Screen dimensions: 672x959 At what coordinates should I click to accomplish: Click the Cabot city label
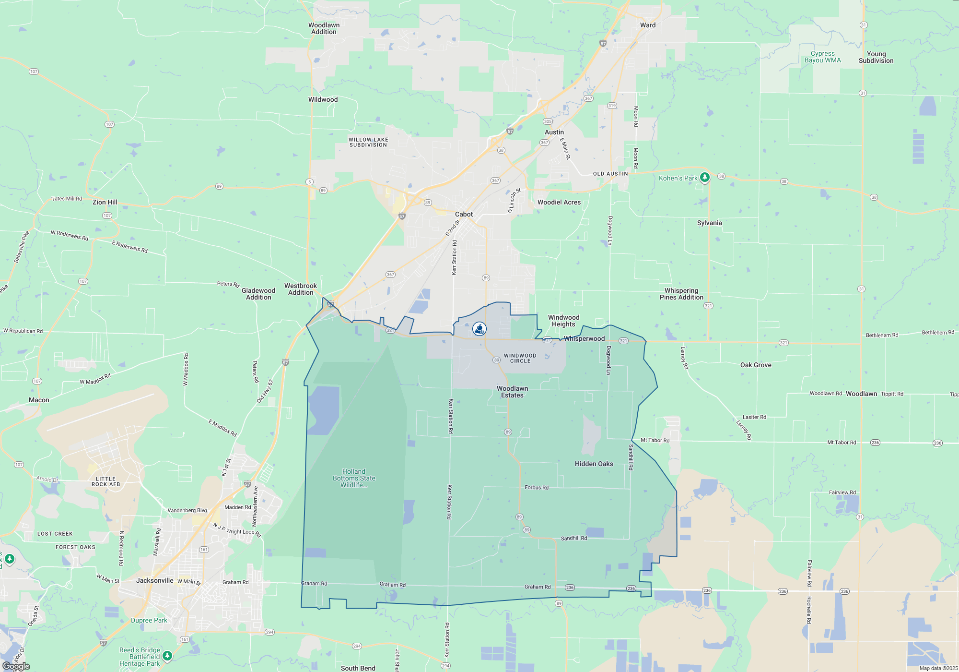pyautogui.click(x=464, y=214)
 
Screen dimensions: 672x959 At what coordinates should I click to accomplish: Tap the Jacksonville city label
pyautogui.click(x=154, y=580)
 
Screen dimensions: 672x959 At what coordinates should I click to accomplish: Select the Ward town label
pyautogui.click(x=647, y=25)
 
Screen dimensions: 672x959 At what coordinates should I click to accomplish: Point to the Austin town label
pyautogui.click(x=554, y=132)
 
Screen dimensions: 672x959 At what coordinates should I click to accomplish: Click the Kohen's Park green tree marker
pyautogui.click(x=704, y=178)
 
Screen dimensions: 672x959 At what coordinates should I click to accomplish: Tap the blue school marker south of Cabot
pyautogui.click(x=479, y=329)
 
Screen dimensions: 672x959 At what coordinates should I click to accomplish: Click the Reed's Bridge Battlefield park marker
pyautogui.click(x=167, y=656)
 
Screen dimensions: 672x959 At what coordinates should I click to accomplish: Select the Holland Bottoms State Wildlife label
pyautogui.click(x=354, y=478)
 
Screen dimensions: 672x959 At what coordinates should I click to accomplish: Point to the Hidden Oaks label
pyautogui.click(x=594, y=464)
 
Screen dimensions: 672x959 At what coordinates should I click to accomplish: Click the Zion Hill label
pyautogui.click(x=105, y=202)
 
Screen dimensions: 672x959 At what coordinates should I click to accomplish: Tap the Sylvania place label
pyautogui.click(x=709, y=223)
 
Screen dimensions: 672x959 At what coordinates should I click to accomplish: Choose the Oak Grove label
pyautogui.click(x=756, y=365)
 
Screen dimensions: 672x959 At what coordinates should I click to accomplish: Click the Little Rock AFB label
pyautogui.click(x=105, y=481)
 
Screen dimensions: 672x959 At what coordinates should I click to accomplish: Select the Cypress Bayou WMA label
pyautogui.click(x=822, y=57)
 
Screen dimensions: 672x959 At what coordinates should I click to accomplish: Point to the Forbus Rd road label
pyautogui.click(x=536, y=487)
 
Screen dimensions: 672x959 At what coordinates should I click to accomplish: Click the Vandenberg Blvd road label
pyautogui.click(x=187, y=510)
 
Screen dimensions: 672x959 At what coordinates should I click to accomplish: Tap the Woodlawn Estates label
pyautogui.click(x=512, y=392)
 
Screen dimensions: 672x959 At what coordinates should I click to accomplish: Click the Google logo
pyautogui.click(x=16, y=666)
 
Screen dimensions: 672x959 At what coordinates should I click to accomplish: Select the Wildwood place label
pyautogui.click(x=323, y=99)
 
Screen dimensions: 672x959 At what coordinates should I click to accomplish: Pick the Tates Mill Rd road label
pyautogui.click(x=67, y=198)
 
